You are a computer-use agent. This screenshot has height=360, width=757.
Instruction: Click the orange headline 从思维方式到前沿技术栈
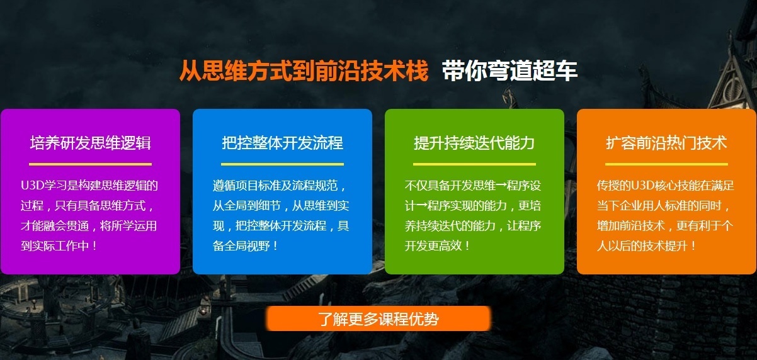coord(304,70)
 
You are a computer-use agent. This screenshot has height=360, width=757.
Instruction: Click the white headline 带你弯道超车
coord(509,70)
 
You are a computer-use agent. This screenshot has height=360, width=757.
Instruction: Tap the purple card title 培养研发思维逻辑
coord(90,143)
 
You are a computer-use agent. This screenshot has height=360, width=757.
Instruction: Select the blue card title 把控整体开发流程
coord(282,143)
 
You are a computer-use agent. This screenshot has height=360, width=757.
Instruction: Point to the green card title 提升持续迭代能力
coord(474,143)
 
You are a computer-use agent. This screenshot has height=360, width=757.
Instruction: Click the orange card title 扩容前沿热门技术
coord(666,143)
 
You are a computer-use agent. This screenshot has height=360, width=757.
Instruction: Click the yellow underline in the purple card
coord(90,164)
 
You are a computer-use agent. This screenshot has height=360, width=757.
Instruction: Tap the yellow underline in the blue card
coord(282,164)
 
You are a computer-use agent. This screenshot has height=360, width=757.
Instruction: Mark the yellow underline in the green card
coord(474,164)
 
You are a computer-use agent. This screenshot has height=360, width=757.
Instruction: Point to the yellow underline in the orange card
coord(666,164)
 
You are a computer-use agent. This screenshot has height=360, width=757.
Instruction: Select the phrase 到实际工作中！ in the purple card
coord(60,245)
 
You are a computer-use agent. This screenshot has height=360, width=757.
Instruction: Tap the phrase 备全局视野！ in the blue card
coord(246,245)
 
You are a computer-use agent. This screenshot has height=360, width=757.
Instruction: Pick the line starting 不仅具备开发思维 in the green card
coord(473,186)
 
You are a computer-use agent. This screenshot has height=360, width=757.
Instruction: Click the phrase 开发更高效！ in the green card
coord(438,245)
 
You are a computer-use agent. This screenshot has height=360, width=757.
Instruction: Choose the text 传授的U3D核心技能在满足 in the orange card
coord(666,186)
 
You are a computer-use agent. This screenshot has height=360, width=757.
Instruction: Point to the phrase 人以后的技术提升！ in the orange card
coord(647,245)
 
